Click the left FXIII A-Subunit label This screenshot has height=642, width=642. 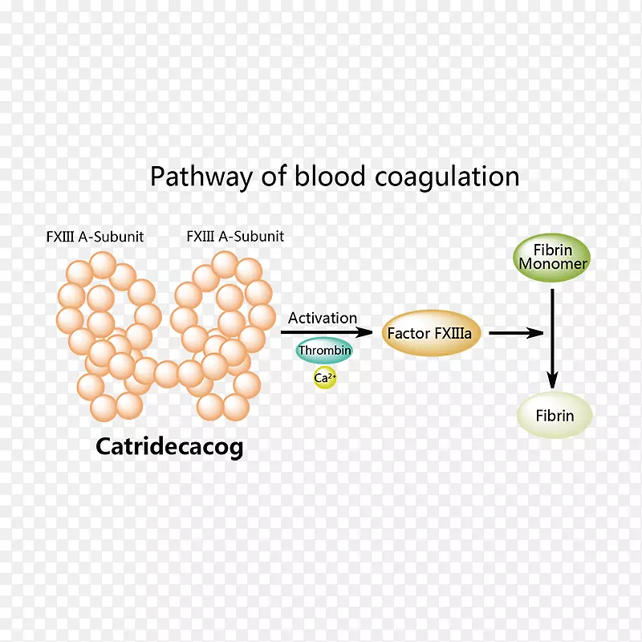(x=95, y=237)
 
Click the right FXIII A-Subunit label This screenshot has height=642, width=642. (x=235, y=237)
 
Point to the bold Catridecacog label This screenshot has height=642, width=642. (x=169, y=446)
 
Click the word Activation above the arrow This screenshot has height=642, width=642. (x=323, y=318)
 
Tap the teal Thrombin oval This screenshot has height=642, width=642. (x=324, y=351)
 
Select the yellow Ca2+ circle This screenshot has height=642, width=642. (x=324, y=377)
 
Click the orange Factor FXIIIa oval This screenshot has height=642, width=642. (x=423, y=333)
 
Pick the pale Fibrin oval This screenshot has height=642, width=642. (x=555, y=416)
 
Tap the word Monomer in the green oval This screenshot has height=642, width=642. (x=553, y=264)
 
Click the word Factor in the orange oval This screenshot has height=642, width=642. (x=407, y=333)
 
